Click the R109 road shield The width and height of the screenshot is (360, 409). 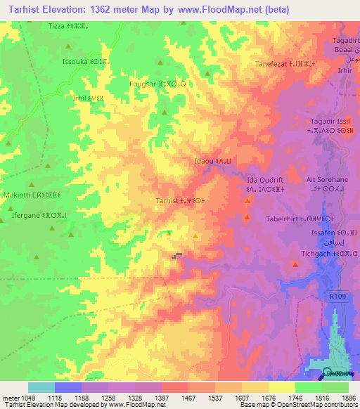tap(337, 297)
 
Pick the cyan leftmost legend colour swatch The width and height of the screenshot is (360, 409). tap(41, 387)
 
